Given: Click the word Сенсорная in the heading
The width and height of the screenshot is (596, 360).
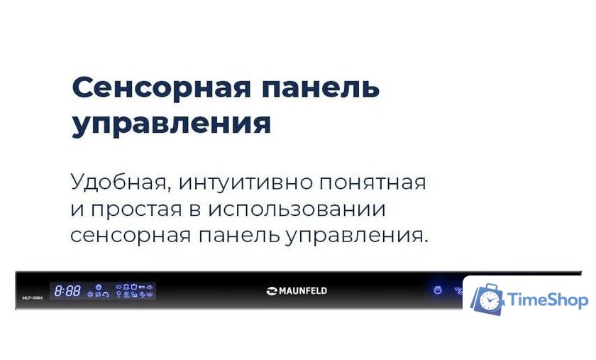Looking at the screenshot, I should point(161,88).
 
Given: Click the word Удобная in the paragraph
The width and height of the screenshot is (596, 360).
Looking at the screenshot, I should point(120,182).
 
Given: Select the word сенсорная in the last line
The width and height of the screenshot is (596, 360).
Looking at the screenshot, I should point(130,236).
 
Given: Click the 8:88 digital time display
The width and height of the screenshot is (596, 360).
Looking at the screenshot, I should point(67,291).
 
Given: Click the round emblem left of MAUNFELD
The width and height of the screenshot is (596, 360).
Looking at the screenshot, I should point(272,290).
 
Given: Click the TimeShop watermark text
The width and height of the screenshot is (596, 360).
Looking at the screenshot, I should point(547,300).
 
